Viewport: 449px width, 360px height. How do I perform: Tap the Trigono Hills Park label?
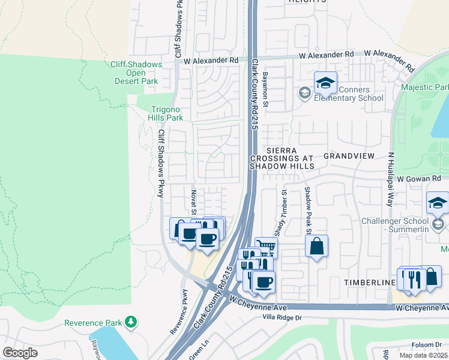point(166,113)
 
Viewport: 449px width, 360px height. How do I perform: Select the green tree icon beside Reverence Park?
point(130,323)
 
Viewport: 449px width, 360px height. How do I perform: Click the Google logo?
point(20,353)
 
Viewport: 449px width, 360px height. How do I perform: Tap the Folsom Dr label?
point(427,344)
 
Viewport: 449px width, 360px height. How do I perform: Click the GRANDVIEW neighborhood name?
point(349,155)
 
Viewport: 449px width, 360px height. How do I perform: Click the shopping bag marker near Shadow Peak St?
point(316,246)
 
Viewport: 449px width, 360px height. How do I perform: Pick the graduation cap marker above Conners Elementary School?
point(325,83)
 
